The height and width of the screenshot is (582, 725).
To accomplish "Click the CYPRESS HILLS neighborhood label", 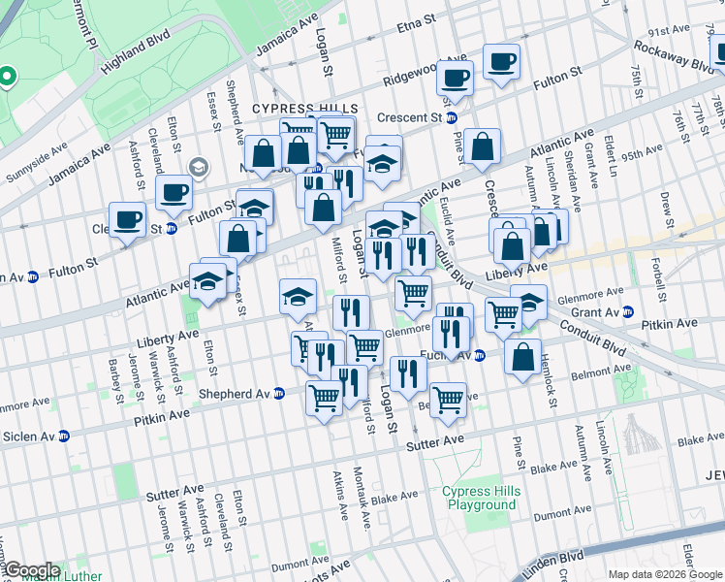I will pos(305,109).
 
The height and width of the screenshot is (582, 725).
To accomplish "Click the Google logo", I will pos(31,570).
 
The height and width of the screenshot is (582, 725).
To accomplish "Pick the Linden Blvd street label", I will pos(548,562).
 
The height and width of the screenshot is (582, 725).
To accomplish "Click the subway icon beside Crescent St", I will pos(464,118).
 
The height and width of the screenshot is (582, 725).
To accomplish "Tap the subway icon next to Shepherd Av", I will pos(279,394).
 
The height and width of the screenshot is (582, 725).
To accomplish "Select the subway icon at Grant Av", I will pos(627,312).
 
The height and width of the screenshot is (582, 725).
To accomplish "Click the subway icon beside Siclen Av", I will pos(65,437).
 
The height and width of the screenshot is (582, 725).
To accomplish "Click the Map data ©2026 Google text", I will pos(664,574).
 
